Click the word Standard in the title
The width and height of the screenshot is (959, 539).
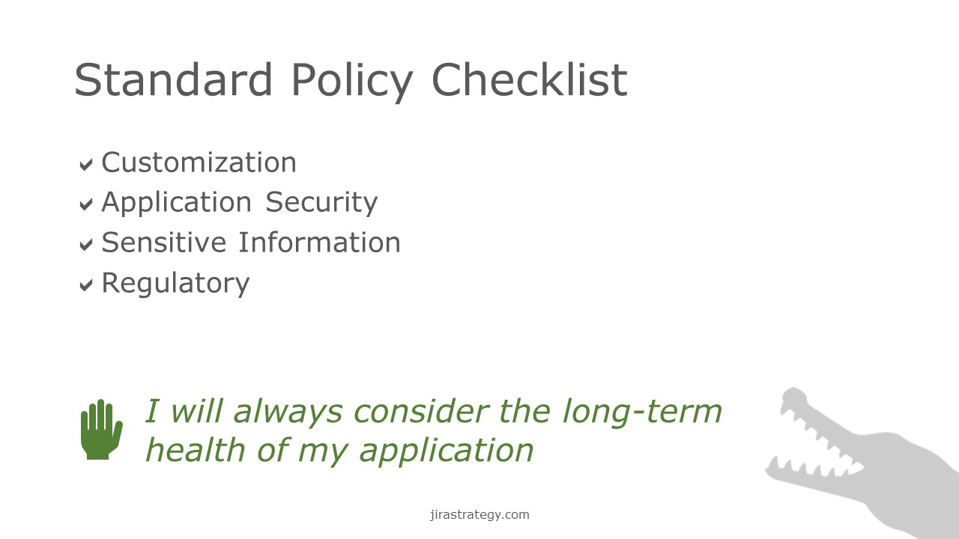coord(173,79)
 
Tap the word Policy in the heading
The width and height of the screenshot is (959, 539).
coord(352,82)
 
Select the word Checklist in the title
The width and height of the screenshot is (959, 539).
coord(529,79)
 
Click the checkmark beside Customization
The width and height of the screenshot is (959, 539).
coord(86,164)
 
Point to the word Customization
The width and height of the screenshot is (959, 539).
coord(199,162)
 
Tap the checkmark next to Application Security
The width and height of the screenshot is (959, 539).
coord(86,204)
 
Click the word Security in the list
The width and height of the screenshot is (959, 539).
coord(321,203)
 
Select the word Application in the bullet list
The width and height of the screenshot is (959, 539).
coord(176,203)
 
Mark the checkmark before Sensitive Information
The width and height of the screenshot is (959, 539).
coord(86,244)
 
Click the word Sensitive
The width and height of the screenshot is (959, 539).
coord(164,243)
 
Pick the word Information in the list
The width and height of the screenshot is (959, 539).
coord(319,243)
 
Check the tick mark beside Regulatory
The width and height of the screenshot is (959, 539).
coord(86,284)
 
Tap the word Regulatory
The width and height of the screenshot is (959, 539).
coord(175,284)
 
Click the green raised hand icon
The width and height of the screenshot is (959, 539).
coord(101,430)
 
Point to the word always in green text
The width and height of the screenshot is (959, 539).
coord(288,412)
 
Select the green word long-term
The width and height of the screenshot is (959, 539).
coord(642,412)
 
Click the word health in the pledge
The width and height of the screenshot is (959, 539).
coord(196,450)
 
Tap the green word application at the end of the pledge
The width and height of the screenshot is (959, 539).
coord(446,451)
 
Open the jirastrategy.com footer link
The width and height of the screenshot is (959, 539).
coord(479,514)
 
